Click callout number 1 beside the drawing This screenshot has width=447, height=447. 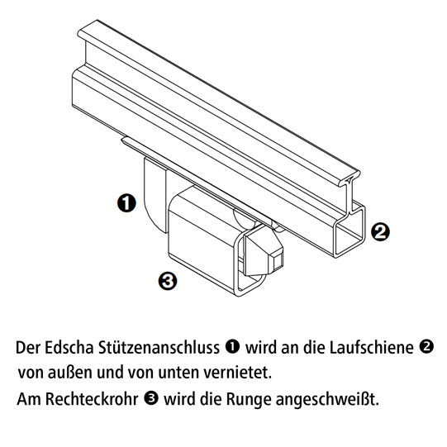click(126, 203)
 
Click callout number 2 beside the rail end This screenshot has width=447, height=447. click(380, 231)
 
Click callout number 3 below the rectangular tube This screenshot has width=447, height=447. click(168, 281)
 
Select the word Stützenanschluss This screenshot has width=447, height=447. click(159, 348)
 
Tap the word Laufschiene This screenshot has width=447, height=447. click(372, 348)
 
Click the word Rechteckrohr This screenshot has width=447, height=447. click(92, 398)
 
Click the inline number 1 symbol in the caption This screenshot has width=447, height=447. click(232, 346)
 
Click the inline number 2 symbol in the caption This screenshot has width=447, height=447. click(426, 346)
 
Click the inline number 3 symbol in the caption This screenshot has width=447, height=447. click(151, 397)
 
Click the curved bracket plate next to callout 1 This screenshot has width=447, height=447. click(155, 194)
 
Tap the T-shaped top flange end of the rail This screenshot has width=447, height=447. click(350, 178)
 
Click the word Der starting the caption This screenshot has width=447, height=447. click(28, 348)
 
